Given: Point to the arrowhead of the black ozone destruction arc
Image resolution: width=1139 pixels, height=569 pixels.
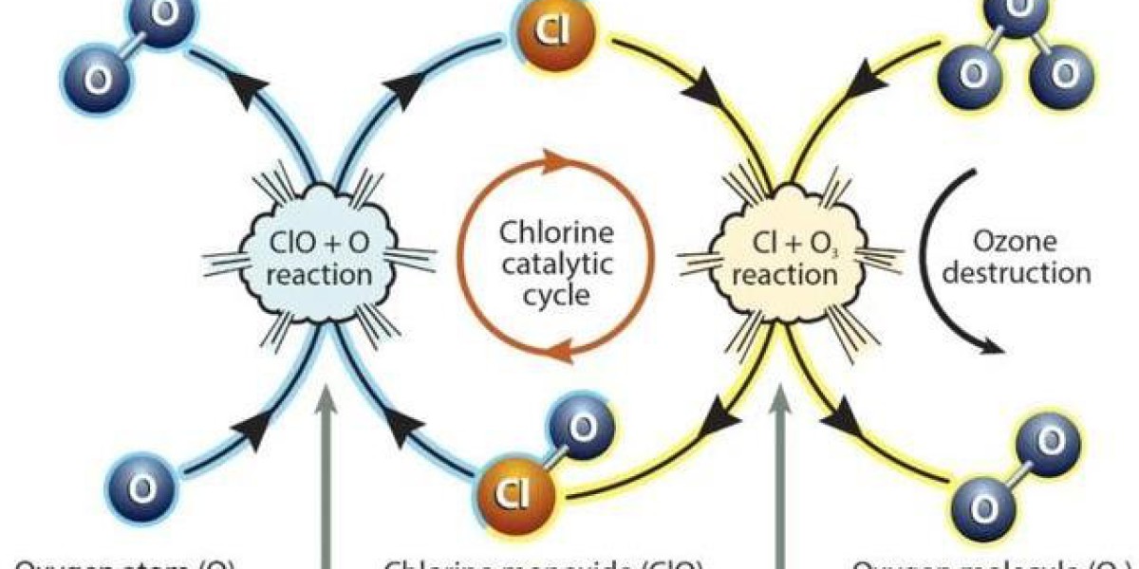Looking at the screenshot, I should (x=993, y=346).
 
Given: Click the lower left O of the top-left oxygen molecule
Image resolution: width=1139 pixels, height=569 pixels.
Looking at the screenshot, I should (x=97, y=80).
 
